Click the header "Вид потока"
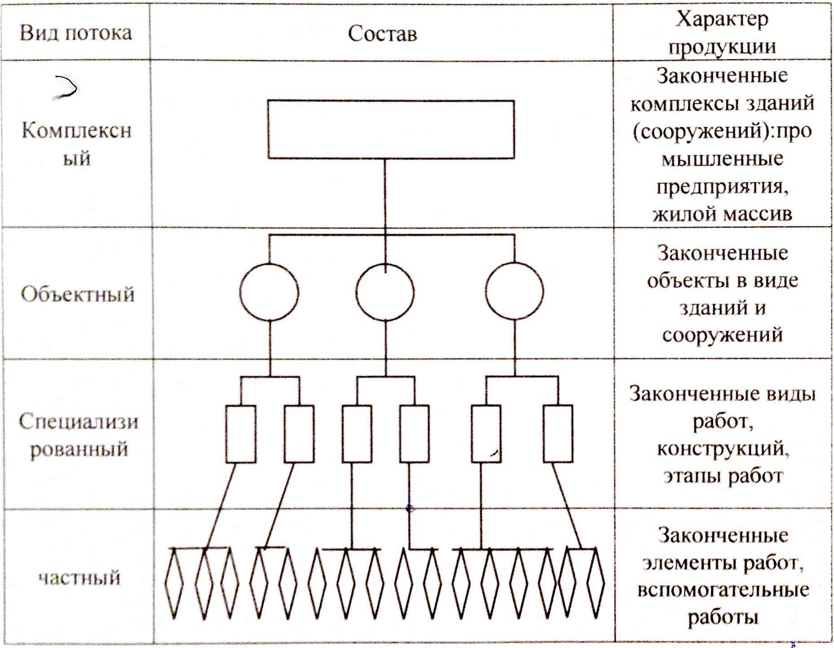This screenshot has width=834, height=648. coord(75,33)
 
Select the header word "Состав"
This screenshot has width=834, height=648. coord(382,34)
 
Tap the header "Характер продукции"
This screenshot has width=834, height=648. coord(722,33)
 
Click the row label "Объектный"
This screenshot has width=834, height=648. coord(77,294)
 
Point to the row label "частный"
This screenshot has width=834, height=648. coord(79,577)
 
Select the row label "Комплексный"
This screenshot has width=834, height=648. coord(76,144)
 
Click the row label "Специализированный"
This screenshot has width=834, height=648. coord(78,435)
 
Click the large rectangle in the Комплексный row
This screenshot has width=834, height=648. coord(391,129)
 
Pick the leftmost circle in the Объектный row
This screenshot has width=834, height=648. coord(269,292)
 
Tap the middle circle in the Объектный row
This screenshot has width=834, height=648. coord(385,292)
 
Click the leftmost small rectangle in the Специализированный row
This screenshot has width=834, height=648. coord(241,434)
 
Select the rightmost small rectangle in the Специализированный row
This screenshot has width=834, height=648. coord(558,434)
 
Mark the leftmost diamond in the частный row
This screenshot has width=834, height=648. coord(174,583)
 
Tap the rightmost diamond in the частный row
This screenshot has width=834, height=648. coord(596,583)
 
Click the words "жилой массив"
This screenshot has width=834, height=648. coord(722,214)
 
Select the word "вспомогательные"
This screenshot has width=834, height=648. coord(723,590)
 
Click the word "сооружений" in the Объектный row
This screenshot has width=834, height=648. coord(722,335)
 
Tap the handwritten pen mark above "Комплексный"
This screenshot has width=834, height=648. coord(66,88)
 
